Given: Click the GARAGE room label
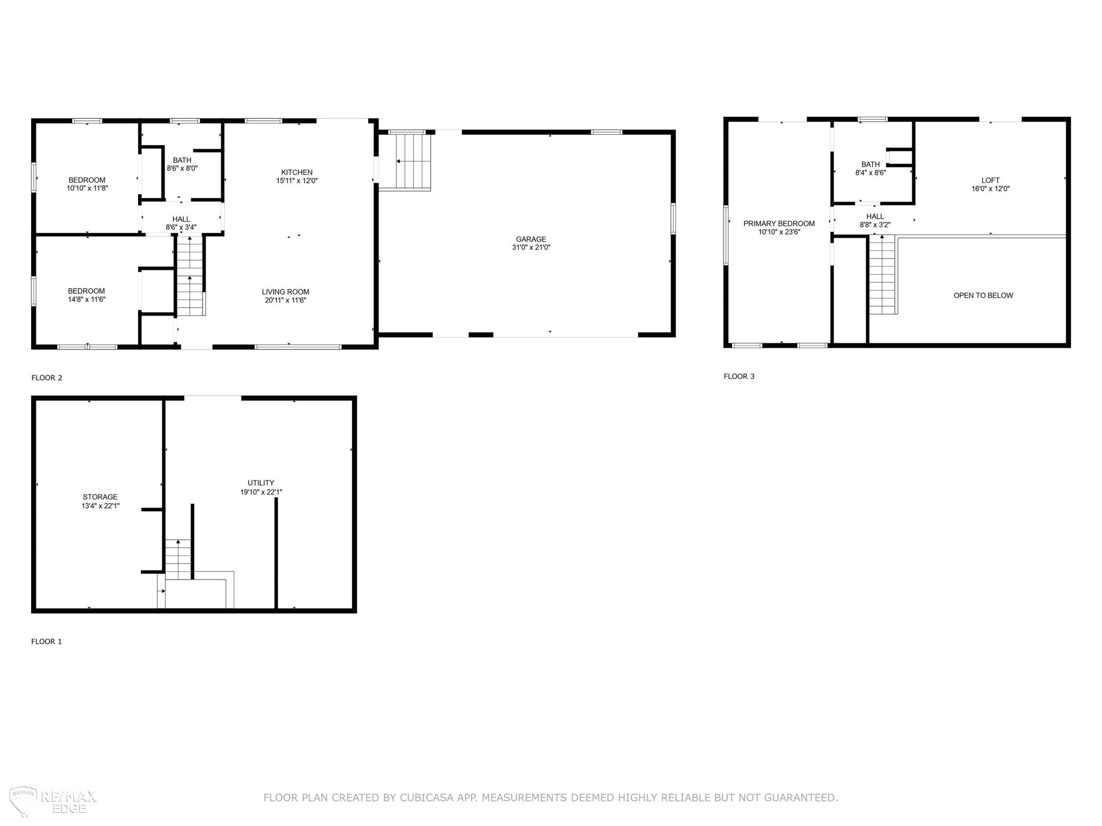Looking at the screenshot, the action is point(531,239).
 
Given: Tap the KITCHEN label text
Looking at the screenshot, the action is point(297,172).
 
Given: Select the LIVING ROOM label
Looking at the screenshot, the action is point(285,292).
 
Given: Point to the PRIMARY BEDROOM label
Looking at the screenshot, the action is point(779,224).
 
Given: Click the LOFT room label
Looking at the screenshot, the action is point(990,180).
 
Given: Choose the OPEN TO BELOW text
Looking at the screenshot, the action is point(983,295).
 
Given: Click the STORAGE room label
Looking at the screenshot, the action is point(100,497).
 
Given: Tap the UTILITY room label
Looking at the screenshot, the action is point(261,483).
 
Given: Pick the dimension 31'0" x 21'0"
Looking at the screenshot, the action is point(531,247).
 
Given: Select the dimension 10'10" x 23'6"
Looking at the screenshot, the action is point(779,232).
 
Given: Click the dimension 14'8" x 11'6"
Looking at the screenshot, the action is point(87,300).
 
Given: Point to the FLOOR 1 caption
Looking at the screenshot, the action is point(46,641).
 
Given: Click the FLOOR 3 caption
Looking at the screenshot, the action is point(739,376).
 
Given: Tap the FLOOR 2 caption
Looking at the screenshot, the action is point(47,378).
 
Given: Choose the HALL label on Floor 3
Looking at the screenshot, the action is point(875,217).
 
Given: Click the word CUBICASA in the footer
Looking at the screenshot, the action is point(426,798).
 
